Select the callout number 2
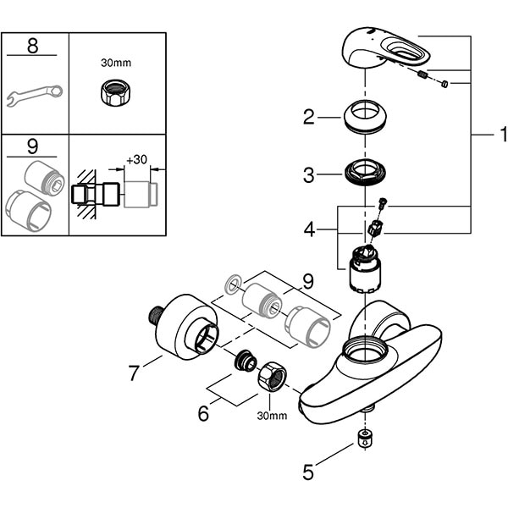tap(309, 118)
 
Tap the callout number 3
tap(309, 175)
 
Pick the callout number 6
tap(202, 413)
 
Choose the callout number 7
tap(133, 372)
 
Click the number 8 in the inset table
tap(33, 46)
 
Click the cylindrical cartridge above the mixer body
tap(363, 269)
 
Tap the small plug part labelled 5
tap(363, 438)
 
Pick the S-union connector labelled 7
tap(185, 333)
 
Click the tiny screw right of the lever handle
tap(445, 83)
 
